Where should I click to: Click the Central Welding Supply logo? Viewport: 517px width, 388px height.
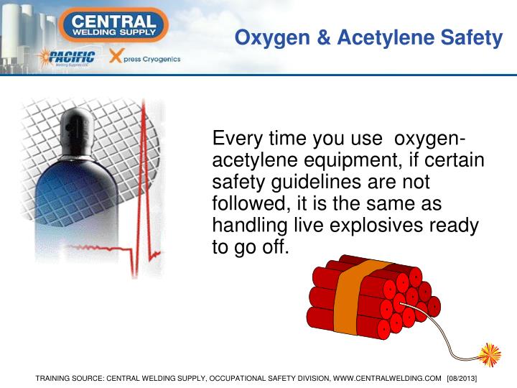(x=114, y=24)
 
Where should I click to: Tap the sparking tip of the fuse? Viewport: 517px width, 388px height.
(x=490, y=354)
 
